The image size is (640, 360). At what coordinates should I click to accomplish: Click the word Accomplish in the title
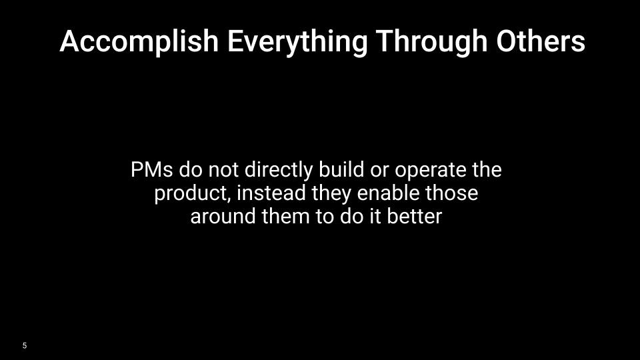pos(139,42)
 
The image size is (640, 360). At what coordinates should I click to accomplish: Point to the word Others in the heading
pos(541,42)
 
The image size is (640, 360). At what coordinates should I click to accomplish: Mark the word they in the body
pos(332,194)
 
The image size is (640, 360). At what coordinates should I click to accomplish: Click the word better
pos(416,217)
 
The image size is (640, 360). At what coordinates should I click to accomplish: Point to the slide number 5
pos(25,345)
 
